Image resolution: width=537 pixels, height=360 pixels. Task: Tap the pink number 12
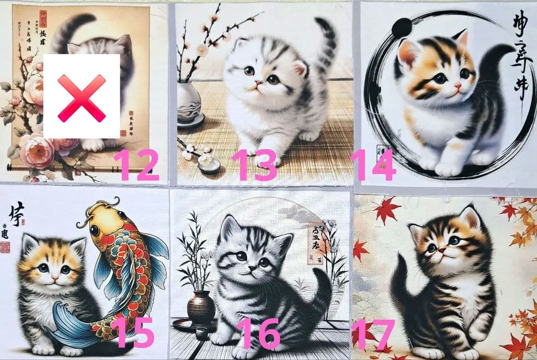135,165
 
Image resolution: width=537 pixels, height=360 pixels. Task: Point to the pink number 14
373,165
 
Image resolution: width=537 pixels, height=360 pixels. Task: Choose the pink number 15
132,332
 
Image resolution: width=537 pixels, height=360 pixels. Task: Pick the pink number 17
373,334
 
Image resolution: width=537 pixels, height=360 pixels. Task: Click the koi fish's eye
94,230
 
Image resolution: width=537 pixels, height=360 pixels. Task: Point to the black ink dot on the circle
402,27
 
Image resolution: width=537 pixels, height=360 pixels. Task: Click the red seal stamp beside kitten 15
5,246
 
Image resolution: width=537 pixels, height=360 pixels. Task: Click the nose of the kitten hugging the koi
55,276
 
